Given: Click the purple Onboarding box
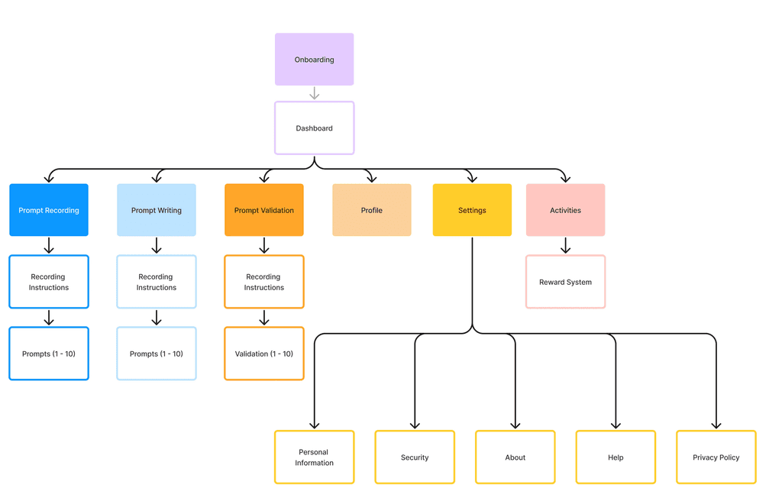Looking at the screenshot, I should coord(314,59).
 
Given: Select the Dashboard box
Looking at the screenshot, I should coord(314,128).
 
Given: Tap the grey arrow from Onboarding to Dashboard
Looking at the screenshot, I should coord(314,93).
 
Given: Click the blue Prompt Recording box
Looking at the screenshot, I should coord(49,210).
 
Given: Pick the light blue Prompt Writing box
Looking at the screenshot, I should coord(157,210).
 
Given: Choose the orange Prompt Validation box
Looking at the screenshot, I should coord(264,210).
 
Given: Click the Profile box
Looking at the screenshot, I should coord(372,210).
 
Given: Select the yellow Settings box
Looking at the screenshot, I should coord(472,210).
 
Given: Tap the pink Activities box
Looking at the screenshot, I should coord(565,210).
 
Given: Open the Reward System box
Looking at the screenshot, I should coord(565,282).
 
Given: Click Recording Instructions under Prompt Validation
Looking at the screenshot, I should coord(264,282).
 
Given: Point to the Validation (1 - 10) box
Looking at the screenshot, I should coord(264,354).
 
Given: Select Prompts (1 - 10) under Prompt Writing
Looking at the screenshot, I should coord(157,354).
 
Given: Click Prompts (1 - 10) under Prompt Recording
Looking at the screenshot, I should coord(49,354).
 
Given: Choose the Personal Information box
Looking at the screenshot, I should coord(314,457).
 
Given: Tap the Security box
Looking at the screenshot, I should coord(415,457).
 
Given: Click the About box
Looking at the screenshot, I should coord(515,457).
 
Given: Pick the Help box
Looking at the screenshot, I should coord(616,457).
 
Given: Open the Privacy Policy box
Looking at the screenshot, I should coord(716,457).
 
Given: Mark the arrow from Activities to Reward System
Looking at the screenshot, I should coord(565,245).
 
